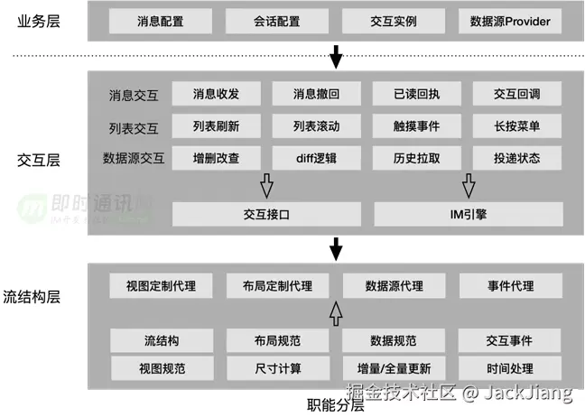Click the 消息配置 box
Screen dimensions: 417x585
pos(161,20)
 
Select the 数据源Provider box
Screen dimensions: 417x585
pos(509,20)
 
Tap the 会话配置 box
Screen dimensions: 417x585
pos(277,20)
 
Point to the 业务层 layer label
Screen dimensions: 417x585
pos(40,20)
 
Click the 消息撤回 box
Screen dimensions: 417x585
pos(316,93)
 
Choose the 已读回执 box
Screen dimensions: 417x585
pos(417,93)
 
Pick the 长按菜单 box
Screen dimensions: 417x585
pos(517,125)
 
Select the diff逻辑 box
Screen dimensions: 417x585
pos(316,158)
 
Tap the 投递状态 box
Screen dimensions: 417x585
pos(517,158)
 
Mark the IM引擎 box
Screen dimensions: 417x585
pos(468,214)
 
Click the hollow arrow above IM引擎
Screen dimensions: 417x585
pos(468,186)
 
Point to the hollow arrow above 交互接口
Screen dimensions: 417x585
pos(266,186)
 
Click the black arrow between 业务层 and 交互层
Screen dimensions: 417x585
pos(336,59)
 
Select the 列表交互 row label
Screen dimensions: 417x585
pos(133,125)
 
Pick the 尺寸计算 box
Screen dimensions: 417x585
pos(277,368)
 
